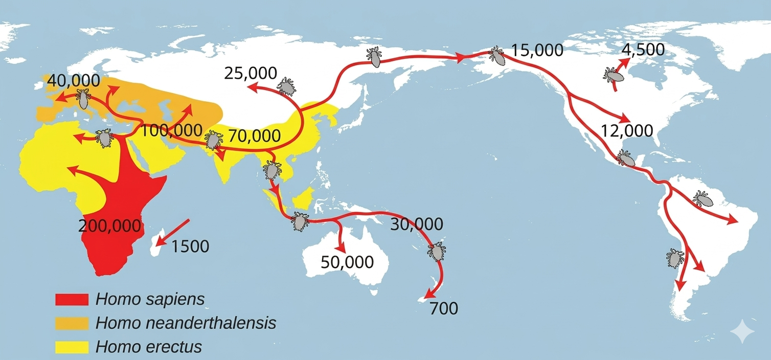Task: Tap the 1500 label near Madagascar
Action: pyautogui.click(x=190, y=246)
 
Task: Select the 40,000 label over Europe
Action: pyautogui.click(x=72, y=81)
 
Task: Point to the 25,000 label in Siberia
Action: pyautogui.click(x=251, y=74)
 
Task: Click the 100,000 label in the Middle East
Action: pyautogui.click(x=167, y=130)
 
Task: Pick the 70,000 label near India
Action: pyautogui.click(x=255, y=137)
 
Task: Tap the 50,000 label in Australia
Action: pyautogui.click(x=347, y=262)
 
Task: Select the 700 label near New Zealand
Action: pyautogui.click(x=444, y=309)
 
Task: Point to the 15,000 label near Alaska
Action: pyautogui.click(x=537, y=51)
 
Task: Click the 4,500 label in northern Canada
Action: pyautogui.click(x=643, y=50)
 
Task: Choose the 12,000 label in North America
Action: pyautogui.click(x=627, y=130)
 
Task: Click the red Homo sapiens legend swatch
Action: pyautogui.click(x=72, y=300)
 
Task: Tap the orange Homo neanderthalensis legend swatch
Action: pyautogui.click(x=72, y=323)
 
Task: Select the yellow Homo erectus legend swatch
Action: pyautogui.click(x=72, y=347)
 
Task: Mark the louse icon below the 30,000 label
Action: pyautogui.click(x=437, y=252)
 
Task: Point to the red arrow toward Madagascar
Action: pyautogui.click(x=173, y=233)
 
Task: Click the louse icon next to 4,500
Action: pyautogui.click(x=613, y=75)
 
